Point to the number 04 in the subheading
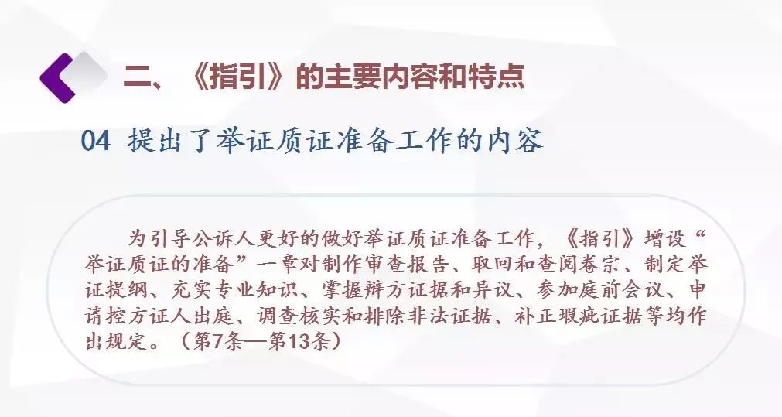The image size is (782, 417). (95, 141)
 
